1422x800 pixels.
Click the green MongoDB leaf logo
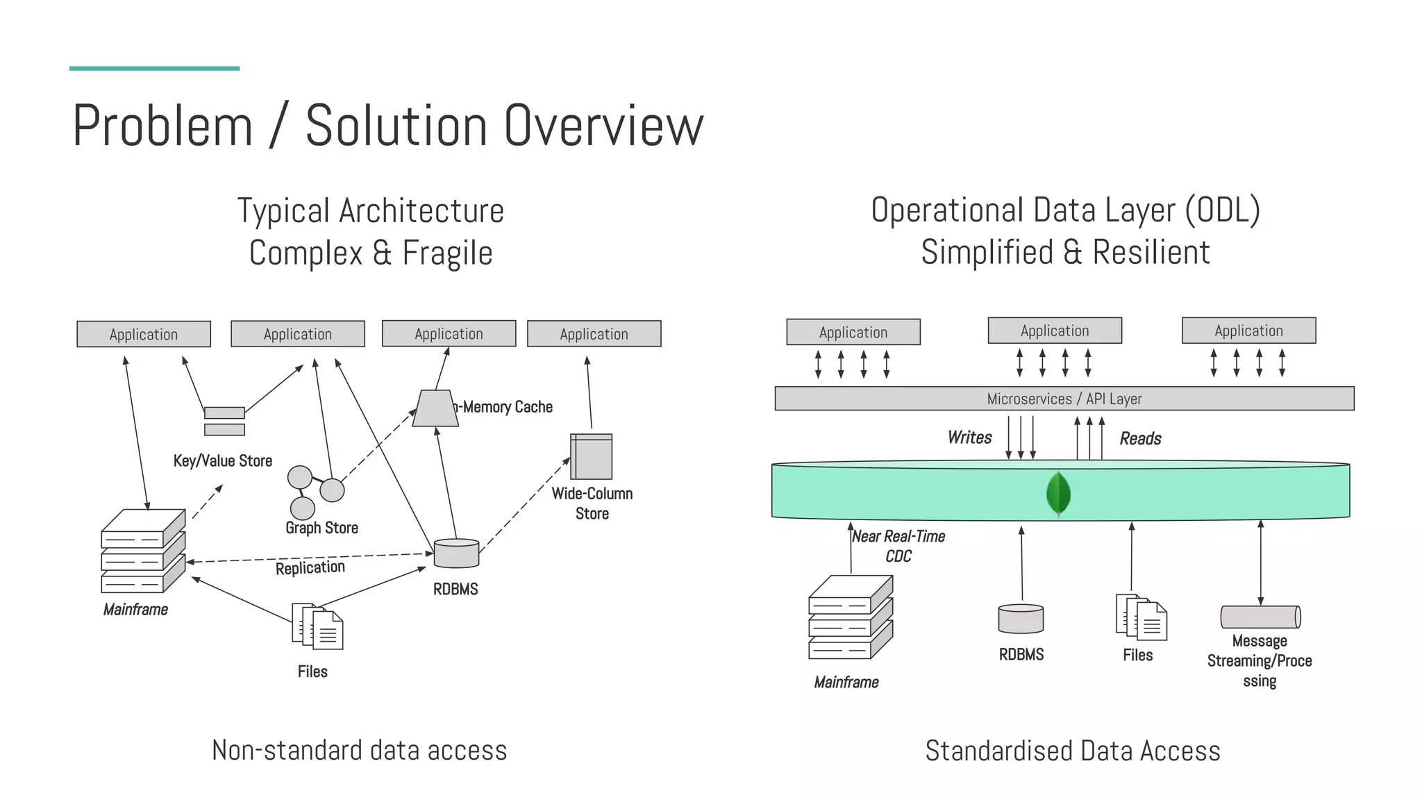1058,494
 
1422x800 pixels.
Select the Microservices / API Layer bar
1064,399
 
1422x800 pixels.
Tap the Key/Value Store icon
224,421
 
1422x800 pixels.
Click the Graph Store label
321,528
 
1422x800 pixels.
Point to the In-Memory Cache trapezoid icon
435,408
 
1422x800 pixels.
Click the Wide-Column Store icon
591,456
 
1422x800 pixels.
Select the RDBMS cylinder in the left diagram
456,553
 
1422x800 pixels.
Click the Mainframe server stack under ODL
850,617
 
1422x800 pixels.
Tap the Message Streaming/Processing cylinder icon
1260,617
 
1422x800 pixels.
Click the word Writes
969,437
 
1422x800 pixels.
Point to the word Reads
1140,438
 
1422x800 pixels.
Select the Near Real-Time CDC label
898,546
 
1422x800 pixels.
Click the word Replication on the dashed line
310,568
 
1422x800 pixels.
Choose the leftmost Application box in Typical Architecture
144,334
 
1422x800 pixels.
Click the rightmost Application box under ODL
1248,331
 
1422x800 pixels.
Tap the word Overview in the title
603,126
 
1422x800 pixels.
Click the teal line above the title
154,68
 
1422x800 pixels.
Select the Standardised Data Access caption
1072,751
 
